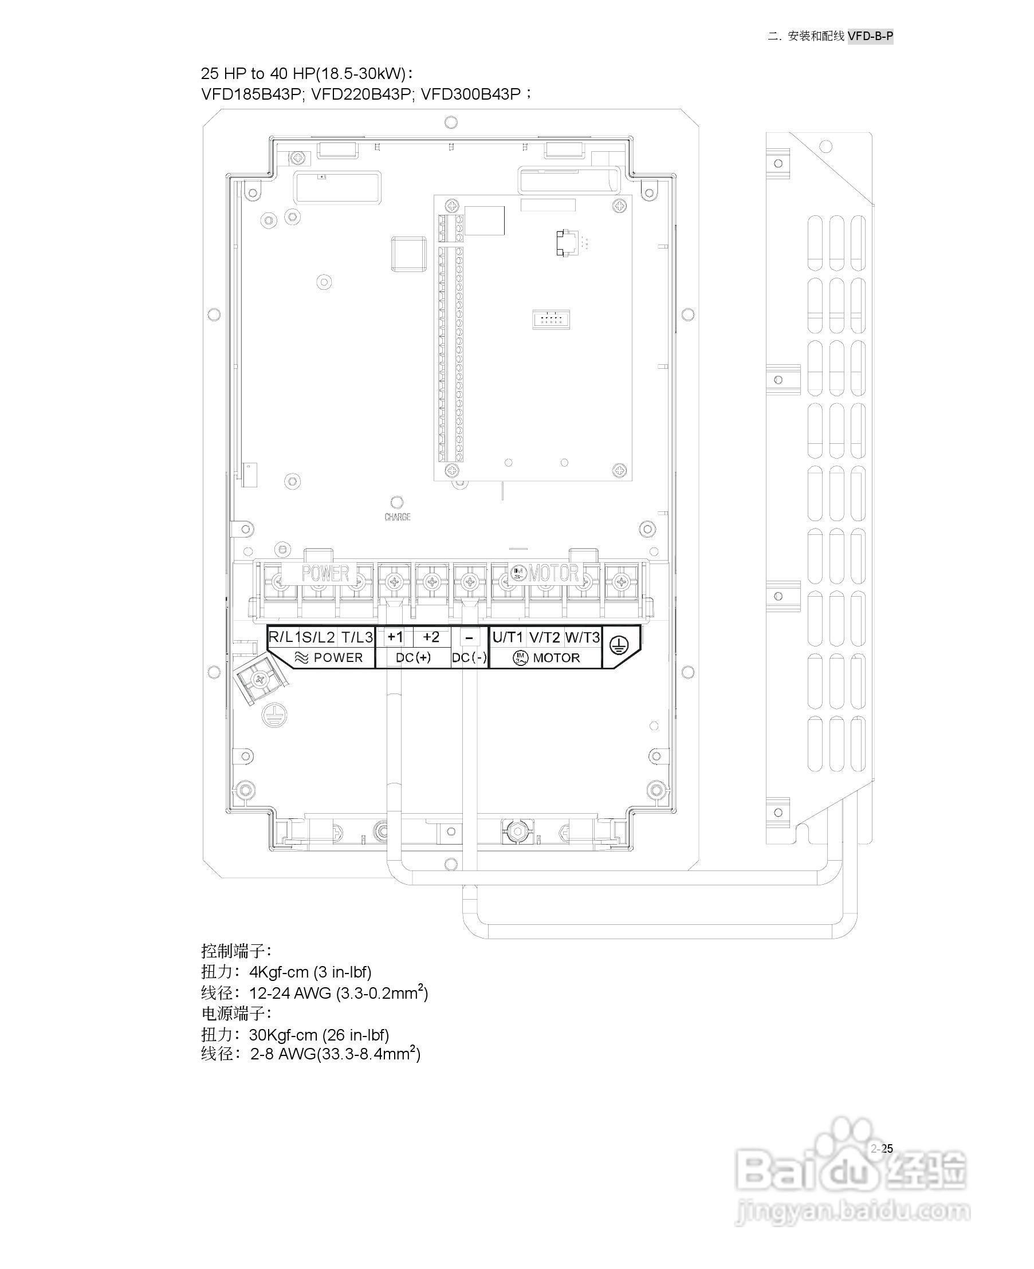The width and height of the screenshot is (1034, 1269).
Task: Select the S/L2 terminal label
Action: point(319,637)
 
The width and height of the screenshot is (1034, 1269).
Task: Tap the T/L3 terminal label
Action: point(357,637)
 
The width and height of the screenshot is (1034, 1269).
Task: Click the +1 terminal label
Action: point(395,637)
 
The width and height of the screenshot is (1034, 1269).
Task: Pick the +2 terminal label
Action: point(431,637)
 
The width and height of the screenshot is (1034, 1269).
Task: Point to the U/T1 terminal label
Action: point(508,637)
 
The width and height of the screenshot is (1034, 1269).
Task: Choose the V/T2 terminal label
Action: point(544,637)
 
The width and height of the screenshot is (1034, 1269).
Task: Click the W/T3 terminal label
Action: point(582,637)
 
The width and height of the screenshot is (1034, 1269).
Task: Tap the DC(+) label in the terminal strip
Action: point(413,657)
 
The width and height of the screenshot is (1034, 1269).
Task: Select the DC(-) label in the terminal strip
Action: point(469,657)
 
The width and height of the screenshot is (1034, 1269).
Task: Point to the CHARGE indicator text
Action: point(398,517)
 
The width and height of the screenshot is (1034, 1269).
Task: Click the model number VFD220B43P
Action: point(361,94)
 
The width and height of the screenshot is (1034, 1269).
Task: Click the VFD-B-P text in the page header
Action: point(870,36)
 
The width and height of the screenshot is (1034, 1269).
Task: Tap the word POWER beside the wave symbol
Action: point(338,657)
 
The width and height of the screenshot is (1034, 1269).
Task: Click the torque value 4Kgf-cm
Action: point(279,972)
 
